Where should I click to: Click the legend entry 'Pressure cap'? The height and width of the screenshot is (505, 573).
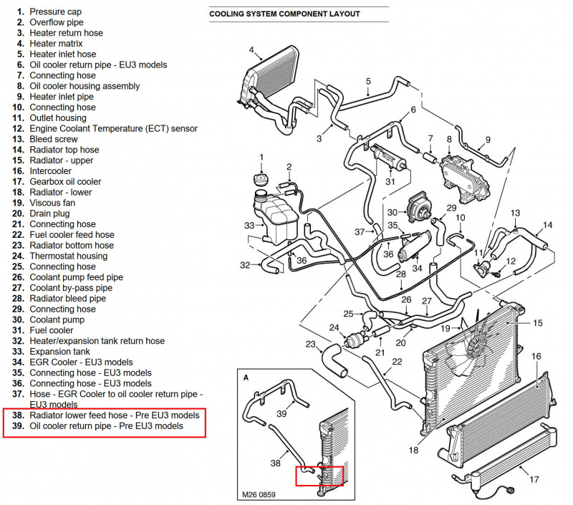55,11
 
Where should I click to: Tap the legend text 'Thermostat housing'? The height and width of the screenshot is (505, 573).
68,256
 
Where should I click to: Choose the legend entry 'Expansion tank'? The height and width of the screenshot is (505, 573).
59,352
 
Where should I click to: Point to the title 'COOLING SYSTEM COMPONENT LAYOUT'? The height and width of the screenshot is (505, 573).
284,14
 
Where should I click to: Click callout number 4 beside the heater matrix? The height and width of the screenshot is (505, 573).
251,50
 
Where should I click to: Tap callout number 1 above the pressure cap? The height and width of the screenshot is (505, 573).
261,157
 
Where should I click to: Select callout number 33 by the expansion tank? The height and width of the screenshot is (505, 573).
249,226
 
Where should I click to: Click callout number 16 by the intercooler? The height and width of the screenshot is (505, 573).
536,356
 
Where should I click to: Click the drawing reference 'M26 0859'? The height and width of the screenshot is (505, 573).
259,494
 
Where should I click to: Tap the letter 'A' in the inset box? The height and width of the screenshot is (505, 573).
246,377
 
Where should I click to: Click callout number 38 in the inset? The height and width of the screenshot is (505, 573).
275,463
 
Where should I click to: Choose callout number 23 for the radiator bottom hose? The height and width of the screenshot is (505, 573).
310,345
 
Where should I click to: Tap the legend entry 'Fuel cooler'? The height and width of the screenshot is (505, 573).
52,330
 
